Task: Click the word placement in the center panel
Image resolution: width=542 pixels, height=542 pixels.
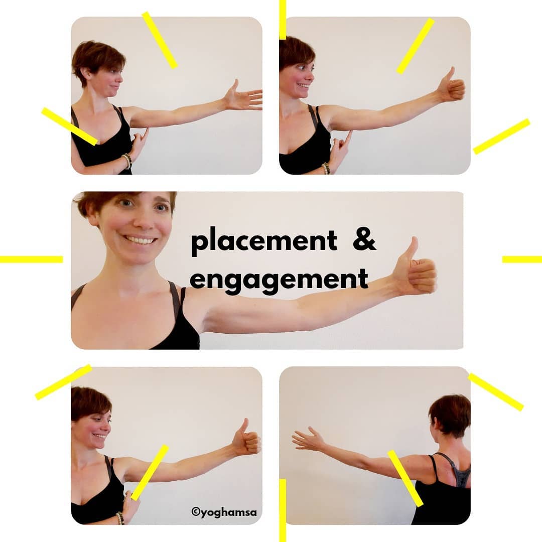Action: pos(264,241)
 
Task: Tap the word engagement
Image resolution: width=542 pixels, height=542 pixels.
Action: pos(279,281)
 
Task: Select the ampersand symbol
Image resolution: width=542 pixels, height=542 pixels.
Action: pos(364,239)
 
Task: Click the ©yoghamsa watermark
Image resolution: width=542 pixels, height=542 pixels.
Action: pos(224,511)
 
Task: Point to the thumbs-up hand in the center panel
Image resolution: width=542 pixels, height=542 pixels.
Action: pos(415,266)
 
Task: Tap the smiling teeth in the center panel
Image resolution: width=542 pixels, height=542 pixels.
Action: pos(141,239)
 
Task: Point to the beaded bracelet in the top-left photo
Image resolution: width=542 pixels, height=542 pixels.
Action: pos(127,161)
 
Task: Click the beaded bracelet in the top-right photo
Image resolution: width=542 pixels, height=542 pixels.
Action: pos(326,168)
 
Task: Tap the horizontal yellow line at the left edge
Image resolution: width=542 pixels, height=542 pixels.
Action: pos(32,259)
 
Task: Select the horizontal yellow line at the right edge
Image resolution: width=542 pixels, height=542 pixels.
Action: pos(522,259)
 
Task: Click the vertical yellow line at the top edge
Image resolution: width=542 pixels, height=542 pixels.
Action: pos(283,20)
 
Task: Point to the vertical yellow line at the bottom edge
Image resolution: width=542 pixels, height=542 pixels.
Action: pos(283,510)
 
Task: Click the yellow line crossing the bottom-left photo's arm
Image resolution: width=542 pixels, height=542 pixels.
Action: pos(150,473)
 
